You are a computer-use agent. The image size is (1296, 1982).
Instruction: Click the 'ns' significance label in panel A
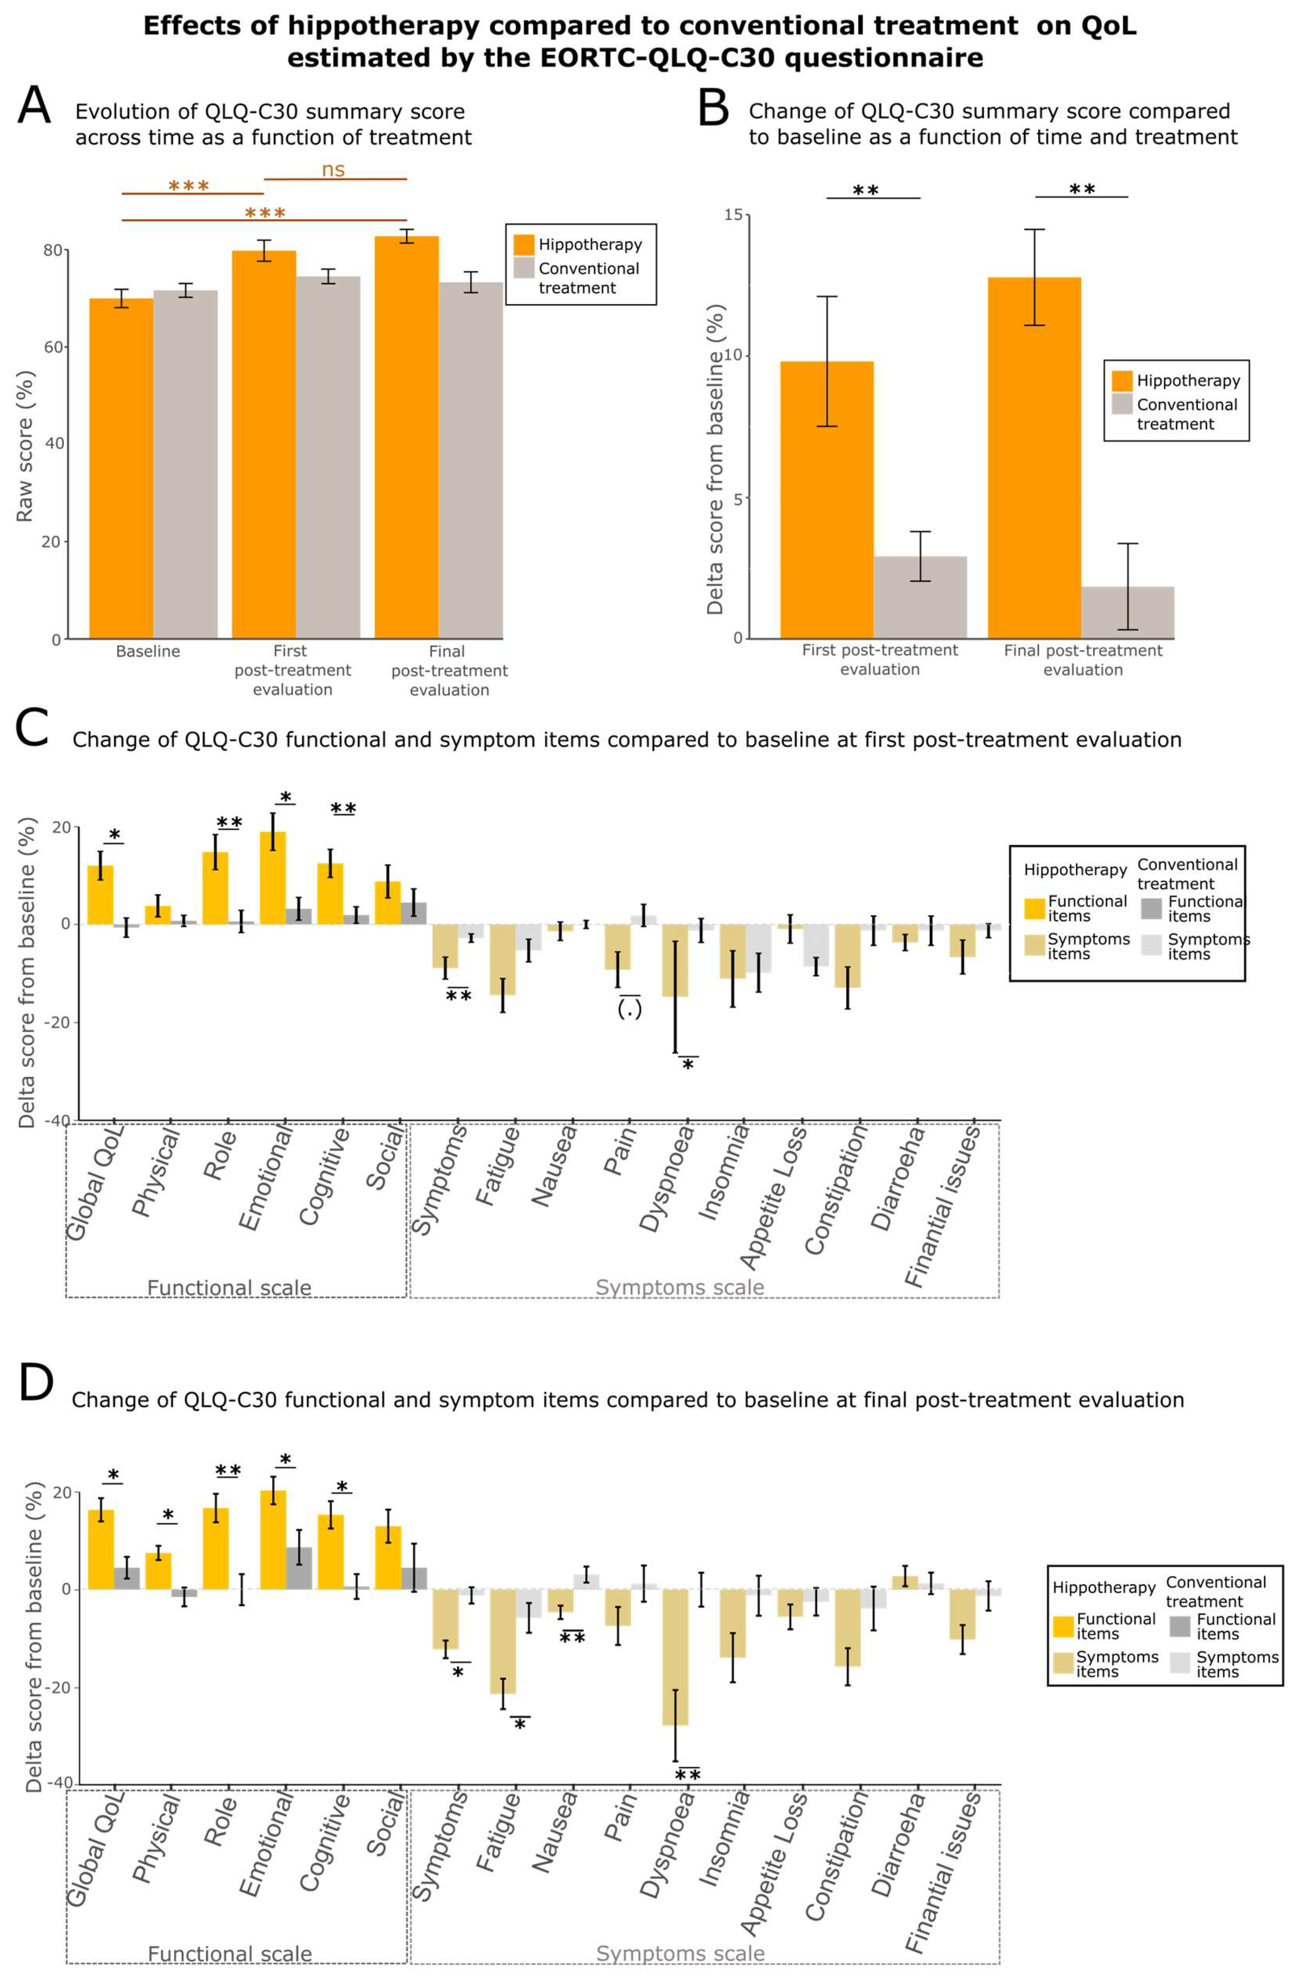(x=333, y=170)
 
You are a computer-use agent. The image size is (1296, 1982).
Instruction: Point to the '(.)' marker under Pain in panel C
(x=629, y=1010)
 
